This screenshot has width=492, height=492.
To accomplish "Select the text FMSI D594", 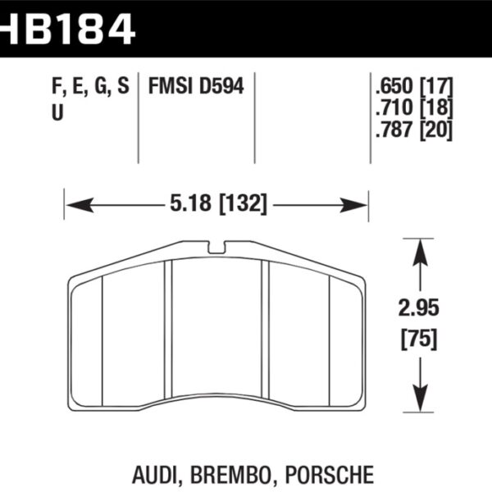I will pyautogui.click(x=196, y=86).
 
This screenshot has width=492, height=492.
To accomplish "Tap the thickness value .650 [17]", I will pyautogui.click(x=412, y=86).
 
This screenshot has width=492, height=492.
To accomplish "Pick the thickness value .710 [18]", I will pyautogui.click(x=412, y=108).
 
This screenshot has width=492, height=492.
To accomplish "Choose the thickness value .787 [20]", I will pyautogui.click(x=412, y=130).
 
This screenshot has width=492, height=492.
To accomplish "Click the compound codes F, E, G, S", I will pyautogui.click(x=89, y=86).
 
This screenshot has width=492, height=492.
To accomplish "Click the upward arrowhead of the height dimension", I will pyautogui.click(x=419, y=247).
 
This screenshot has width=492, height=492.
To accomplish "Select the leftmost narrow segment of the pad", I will pyautogui.click(x=86, y=336).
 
